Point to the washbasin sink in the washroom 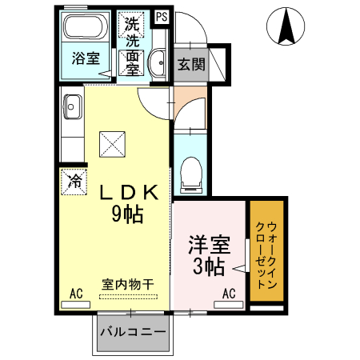pos(158,60)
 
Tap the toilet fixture pos(190,174)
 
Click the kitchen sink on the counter pos(72,104)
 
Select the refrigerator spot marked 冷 pos(73,181)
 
